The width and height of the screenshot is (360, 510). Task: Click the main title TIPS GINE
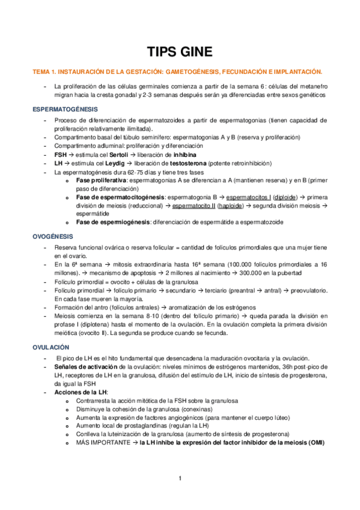pyautogui.click(x=180, y=51)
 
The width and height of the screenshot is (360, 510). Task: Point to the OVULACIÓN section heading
pyautogui.click(x=51, y=347)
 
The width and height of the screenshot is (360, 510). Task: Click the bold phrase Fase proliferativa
pyautogui.click(x=101, y=180)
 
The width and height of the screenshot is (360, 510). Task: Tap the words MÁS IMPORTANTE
pyautogui.click(x=101, y=442)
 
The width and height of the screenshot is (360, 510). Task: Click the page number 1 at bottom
pyautogui.click(x=180, y=479)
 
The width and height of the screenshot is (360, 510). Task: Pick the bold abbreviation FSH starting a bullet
pyautogui.click(x=60, y=155)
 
